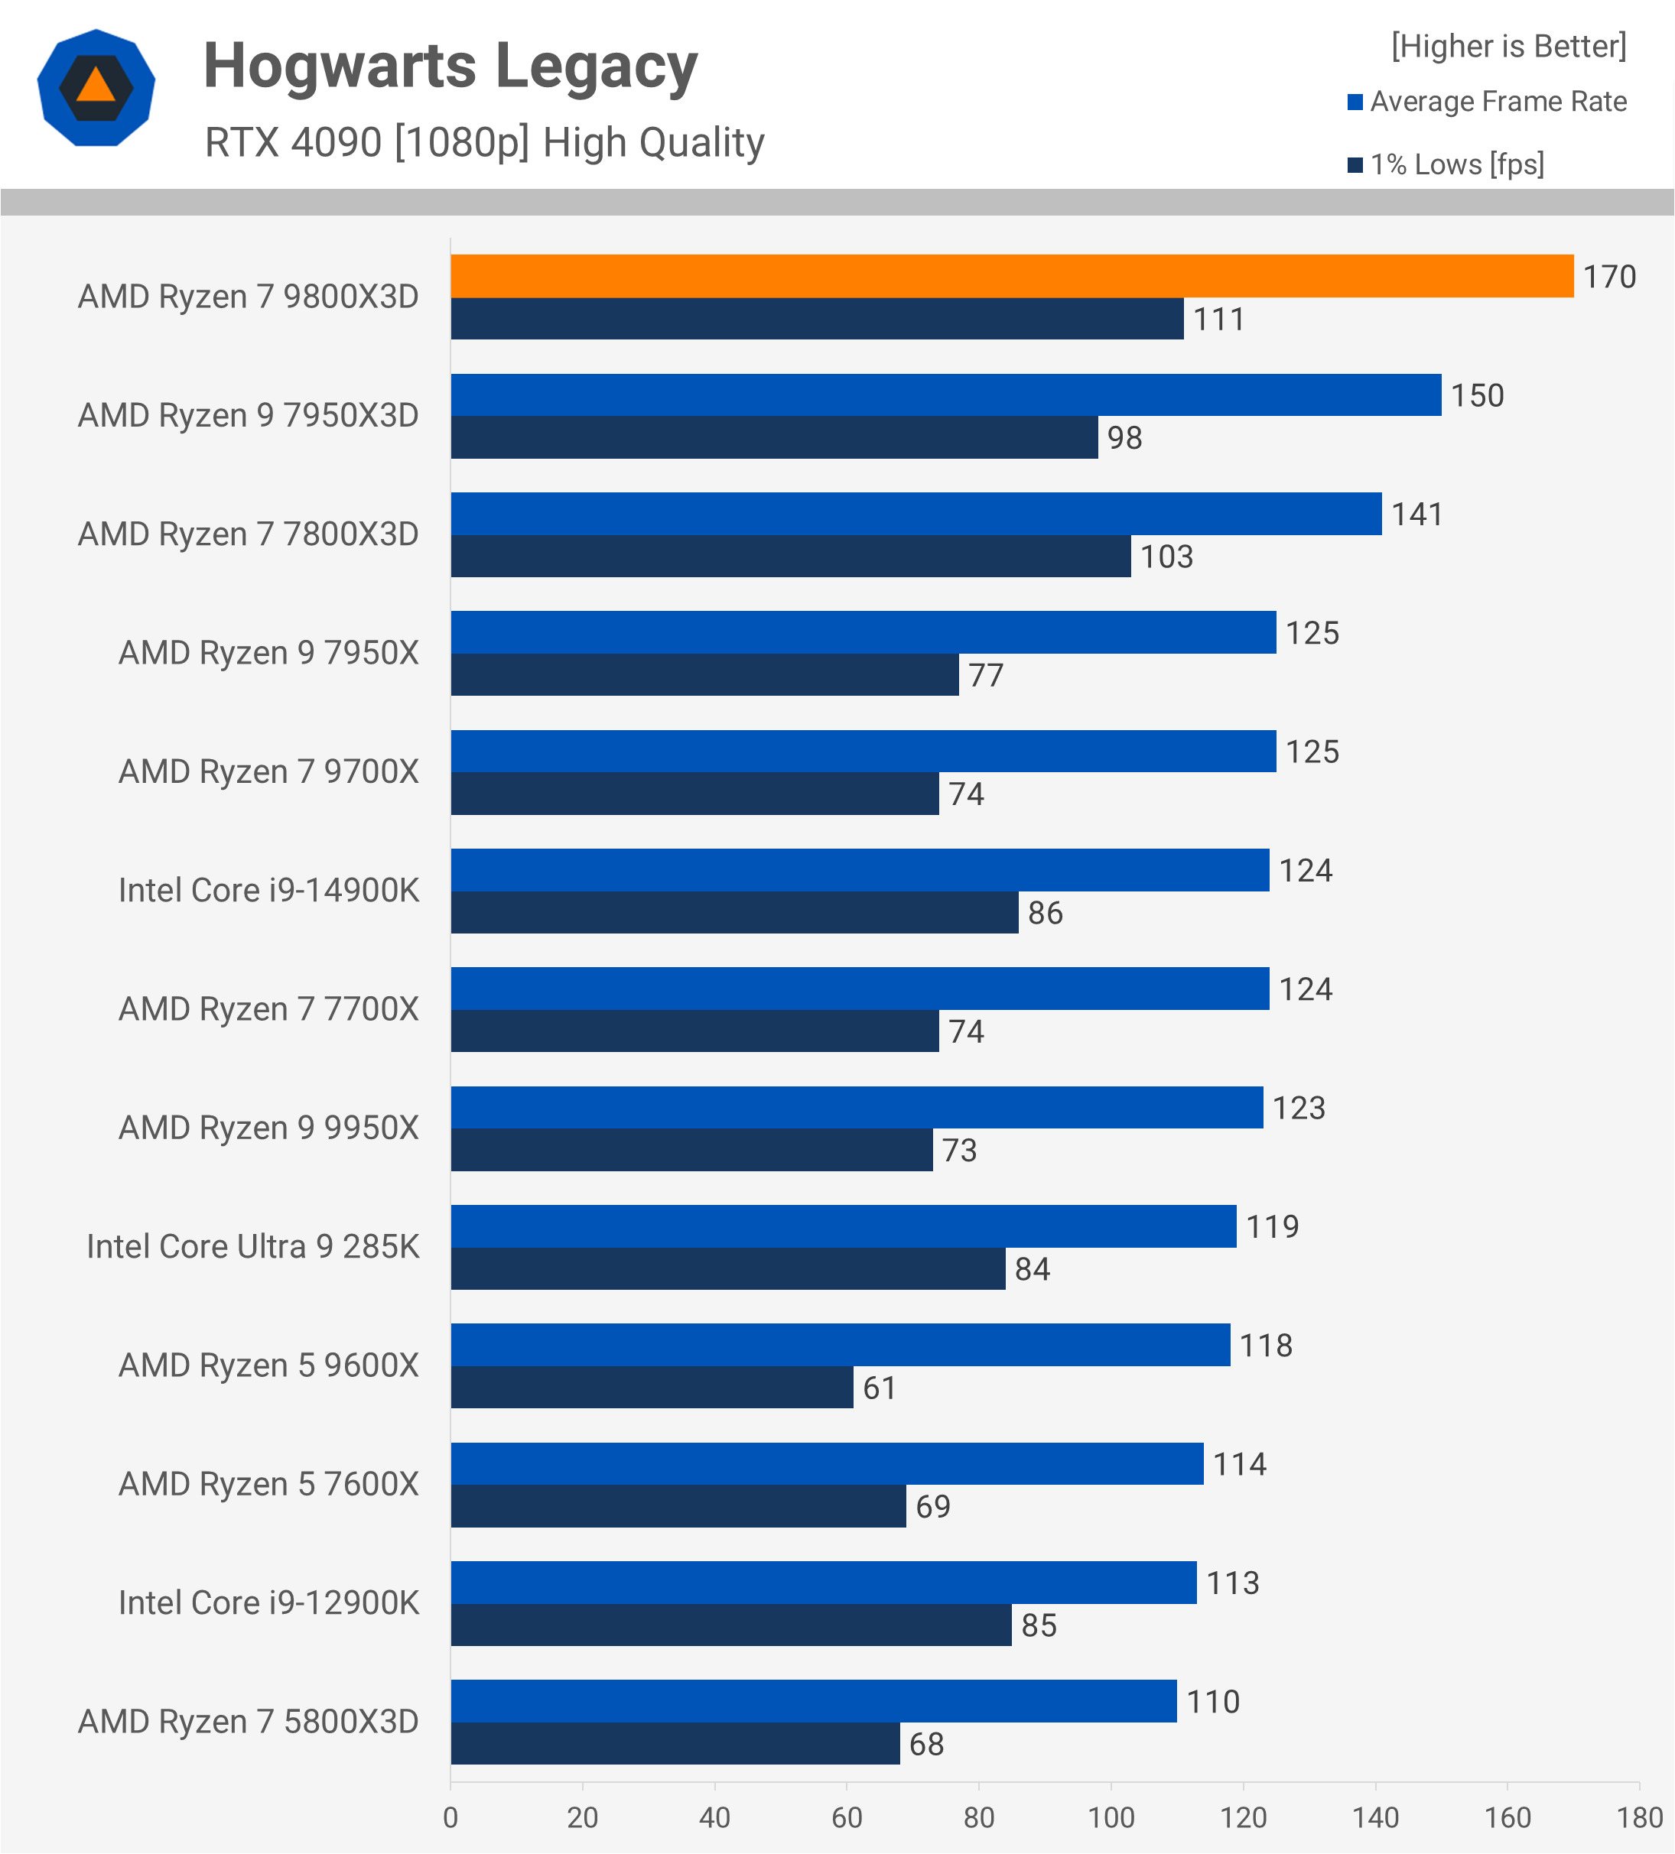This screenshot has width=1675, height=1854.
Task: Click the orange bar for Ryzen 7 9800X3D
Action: tap(1012, 276)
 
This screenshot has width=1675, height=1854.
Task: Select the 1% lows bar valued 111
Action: tap(817, 319)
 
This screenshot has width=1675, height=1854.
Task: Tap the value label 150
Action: tap(1476, 395)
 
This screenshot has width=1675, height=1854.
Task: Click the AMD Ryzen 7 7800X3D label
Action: tap(249, 534)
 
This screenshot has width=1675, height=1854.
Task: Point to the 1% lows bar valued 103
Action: tap(790, 557)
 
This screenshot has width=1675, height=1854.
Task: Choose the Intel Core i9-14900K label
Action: tap(268, 890)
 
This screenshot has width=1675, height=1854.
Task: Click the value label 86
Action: tap(1045, 913)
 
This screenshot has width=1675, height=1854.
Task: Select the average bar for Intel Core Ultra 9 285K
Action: tap(843, 1226)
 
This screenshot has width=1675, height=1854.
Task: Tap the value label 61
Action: tap(880, 1388)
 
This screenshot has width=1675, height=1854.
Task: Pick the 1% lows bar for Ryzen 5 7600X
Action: tap(678, 1506)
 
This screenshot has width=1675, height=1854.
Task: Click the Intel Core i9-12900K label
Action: tap(268, 1603)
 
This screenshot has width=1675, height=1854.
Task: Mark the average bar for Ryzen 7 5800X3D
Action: tap(813, 1701)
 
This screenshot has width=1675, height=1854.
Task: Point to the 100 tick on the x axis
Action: tap(1111, 1817)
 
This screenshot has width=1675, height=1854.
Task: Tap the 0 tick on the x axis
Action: tap(450, 1817)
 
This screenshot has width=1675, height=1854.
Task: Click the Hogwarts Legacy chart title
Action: tap(450, 67)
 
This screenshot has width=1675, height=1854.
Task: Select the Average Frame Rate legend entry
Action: tap(1488, 101)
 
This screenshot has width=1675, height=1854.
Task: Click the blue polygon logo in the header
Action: tap(96, 88)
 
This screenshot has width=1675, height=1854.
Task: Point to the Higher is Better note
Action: tap(1508, 46)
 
